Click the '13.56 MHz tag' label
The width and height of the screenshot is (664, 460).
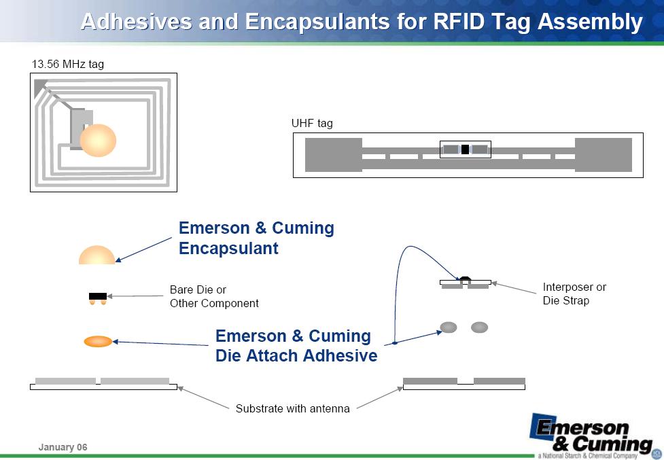[x=68, y=65]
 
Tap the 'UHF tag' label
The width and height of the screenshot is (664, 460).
[x=312, y=124]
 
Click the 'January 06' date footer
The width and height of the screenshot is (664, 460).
[x=63, y=447]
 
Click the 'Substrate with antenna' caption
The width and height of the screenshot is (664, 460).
[x=293, y=408]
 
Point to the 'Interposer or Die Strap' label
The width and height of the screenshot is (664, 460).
[x=575, y=294]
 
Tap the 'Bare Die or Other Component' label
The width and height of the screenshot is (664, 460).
[x=214, y=296]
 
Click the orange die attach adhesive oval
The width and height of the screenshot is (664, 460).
[x=99, y=341]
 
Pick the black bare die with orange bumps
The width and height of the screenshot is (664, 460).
[x=98, y=298]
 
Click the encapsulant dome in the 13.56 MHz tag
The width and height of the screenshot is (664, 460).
[x=98, y=141]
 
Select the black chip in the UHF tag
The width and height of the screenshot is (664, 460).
[x=465, y=149]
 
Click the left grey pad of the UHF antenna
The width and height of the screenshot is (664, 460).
[x=334, y=155]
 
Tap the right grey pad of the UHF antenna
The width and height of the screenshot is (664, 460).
[x=604, y=155]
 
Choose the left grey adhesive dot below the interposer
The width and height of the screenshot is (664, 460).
[x=449, y=327]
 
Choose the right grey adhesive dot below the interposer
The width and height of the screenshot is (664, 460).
[x=479, y=327]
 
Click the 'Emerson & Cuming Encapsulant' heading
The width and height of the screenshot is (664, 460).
[x=256, y=238]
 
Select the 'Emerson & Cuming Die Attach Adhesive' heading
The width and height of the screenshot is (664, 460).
[x=296, y=346]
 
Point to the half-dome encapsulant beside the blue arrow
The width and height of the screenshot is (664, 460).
[x=97, y=255]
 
